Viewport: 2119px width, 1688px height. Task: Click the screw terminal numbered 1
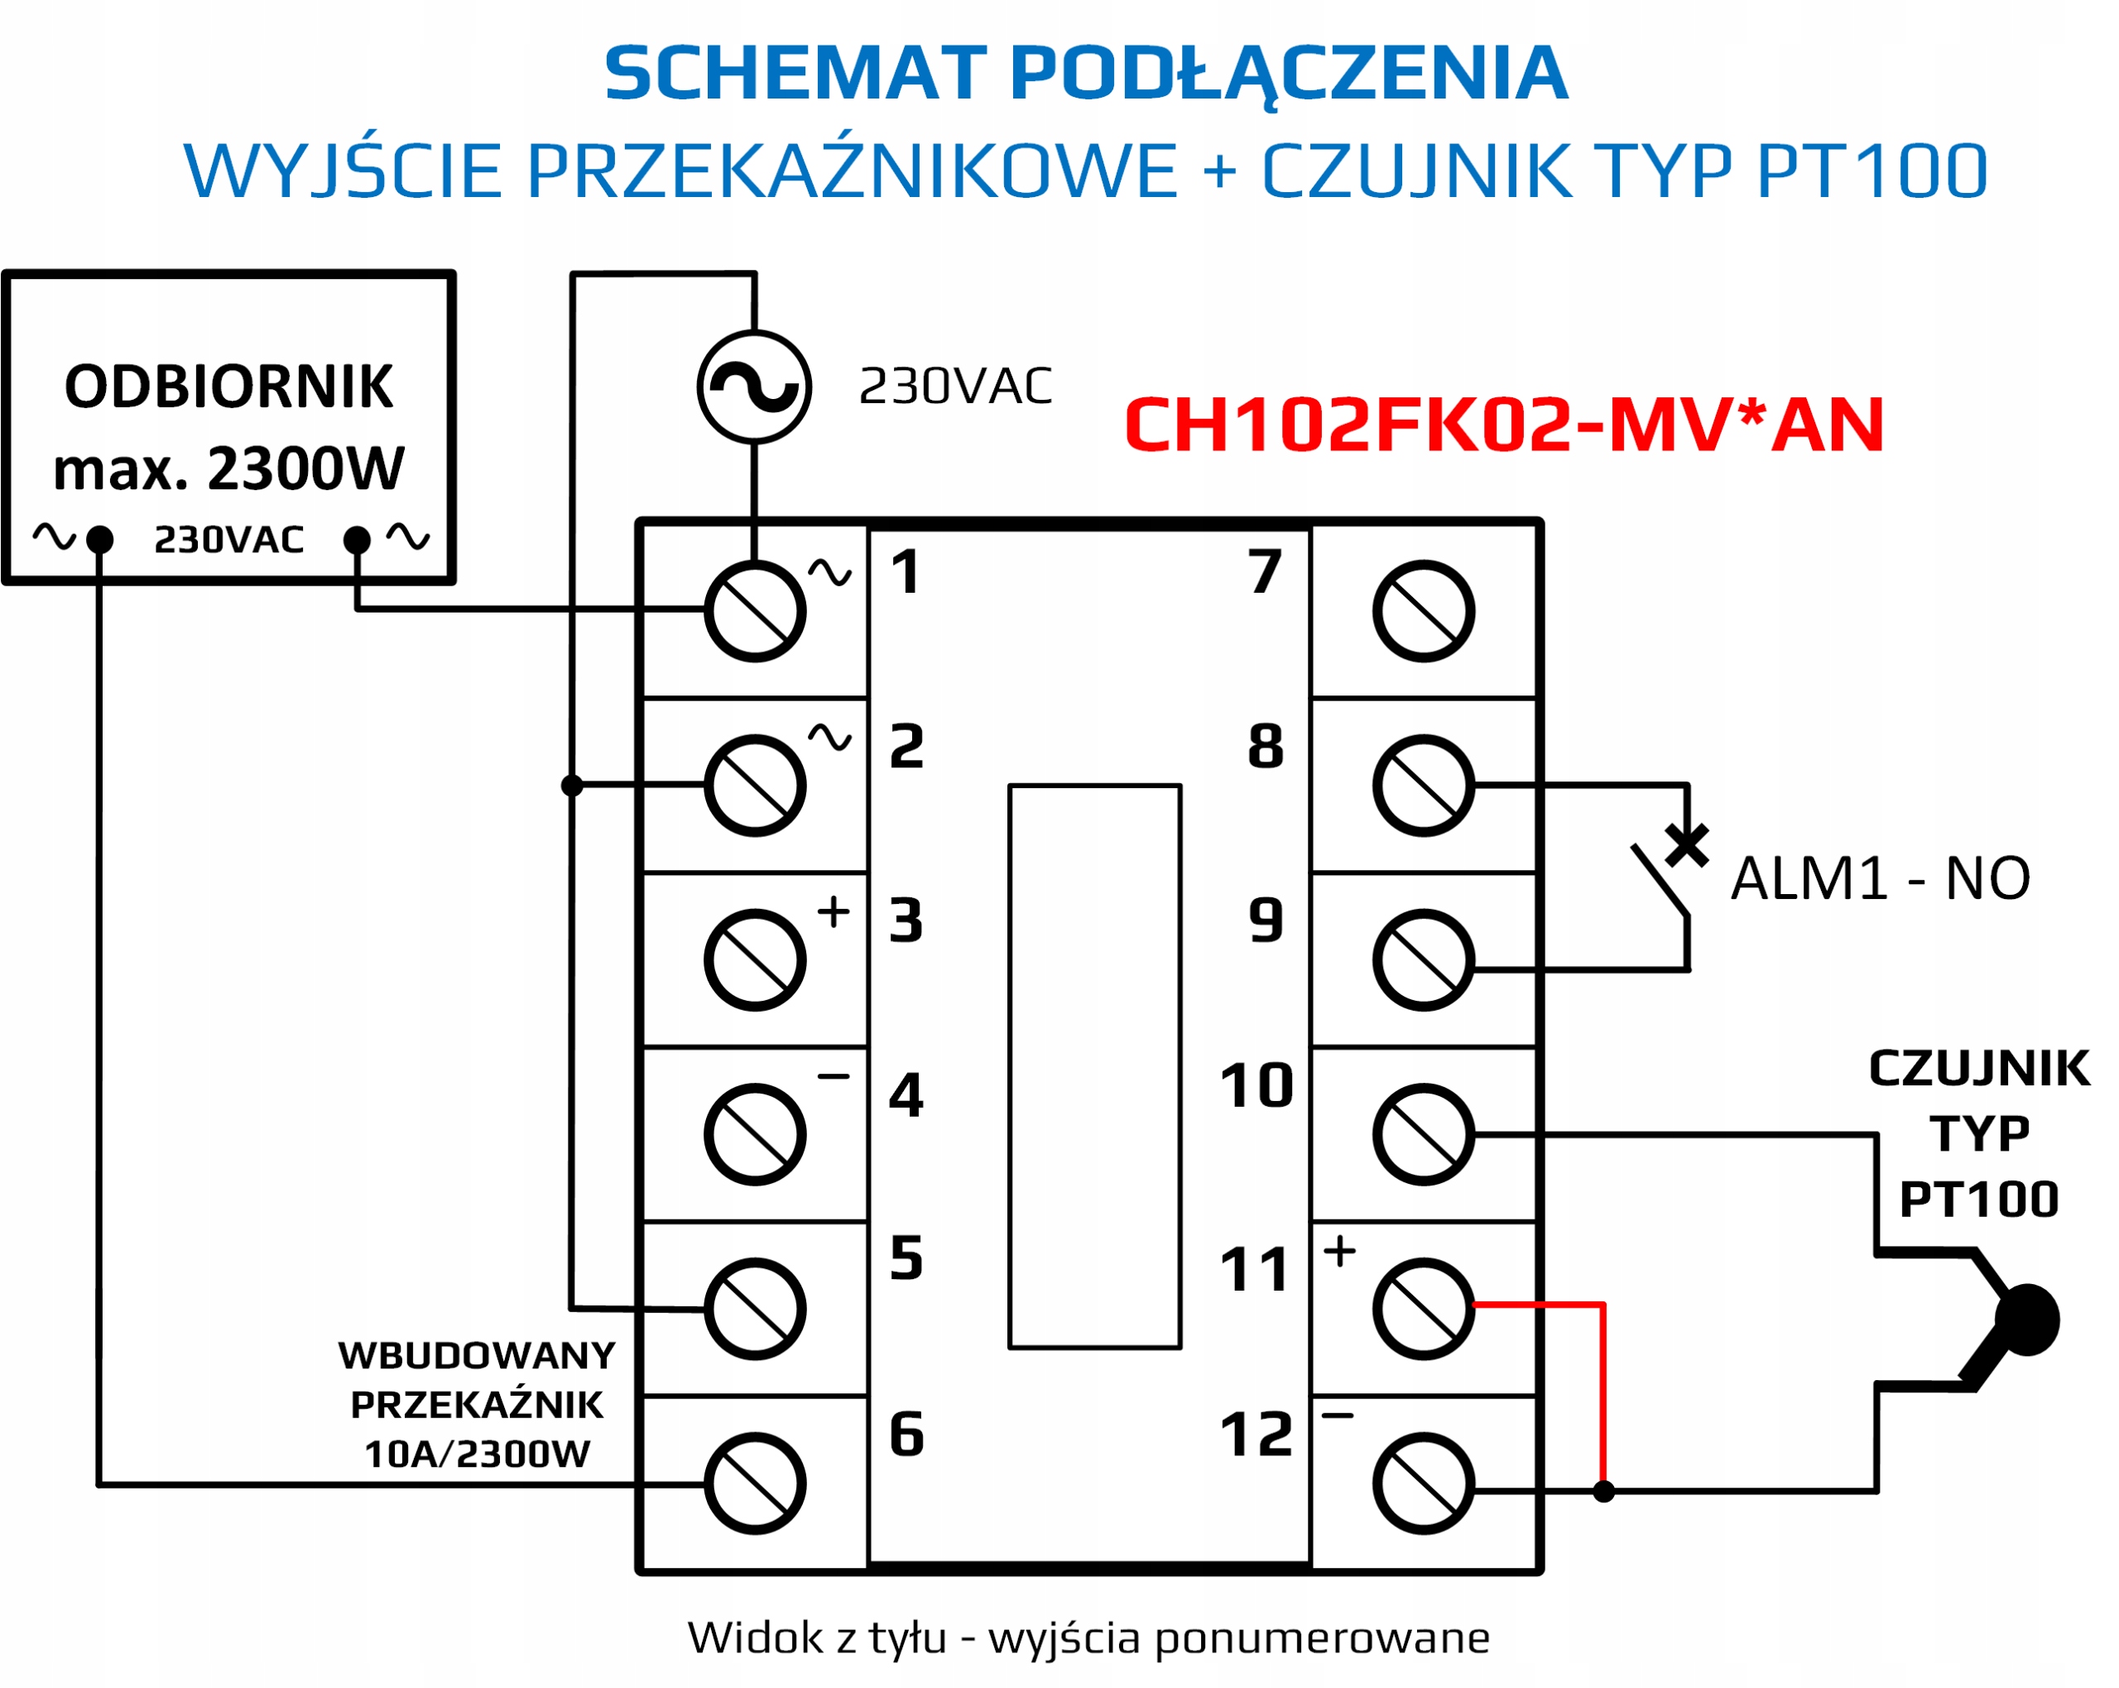pyautogui.click(x=755, y=612)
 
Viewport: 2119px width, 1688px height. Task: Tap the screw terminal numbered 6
pyautogui.click(x=755, y=1484)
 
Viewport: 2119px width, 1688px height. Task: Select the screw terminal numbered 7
pyautogui.click(x=1423, y=612)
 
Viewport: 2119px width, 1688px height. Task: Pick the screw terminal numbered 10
pyautogui.click(x=1423, y=1134)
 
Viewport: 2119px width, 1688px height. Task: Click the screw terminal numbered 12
pyautogui.click(x=1423, y=1484)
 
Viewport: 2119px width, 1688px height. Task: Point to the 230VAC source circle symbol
pyautogui.click(x=754, y=387)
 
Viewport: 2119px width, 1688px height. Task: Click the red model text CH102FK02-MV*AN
pyautogui.click(x=1504, y=425)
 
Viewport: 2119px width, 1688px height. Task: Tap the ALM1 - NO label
pyautogui.click(x=1879, y=878)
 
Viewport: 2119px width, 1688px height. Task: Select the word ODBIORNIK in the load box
pyautogui.click(x=229, y=387)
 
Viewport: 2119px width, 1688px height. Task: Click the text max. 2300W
pyautogui.click(x=229, y=468)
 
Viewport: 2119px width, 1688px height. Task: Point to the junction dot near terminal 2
pyautogui.click(x=572, y=785)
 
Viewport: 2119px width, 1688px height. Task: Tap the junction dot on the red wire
pyautogui.click(x=1603, y=1491)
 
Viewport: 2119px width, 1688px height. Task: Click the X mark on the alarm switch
pyautogui.click(x=1688, y=844)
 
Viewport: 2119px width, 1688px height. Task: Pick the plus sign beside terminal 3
pyautogui.click(x=834, y=911)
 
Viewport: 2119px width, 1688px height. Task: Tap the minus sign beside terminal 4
pyautogui.click(x=834, y=1076)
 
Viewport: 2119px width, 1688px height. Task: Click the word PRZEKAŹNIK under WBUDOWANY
pyautogui.click(x=477, y=1405)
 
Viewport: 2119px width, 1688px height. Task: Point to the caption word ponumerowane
pyautogui.click(x=1322, y=1637)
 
